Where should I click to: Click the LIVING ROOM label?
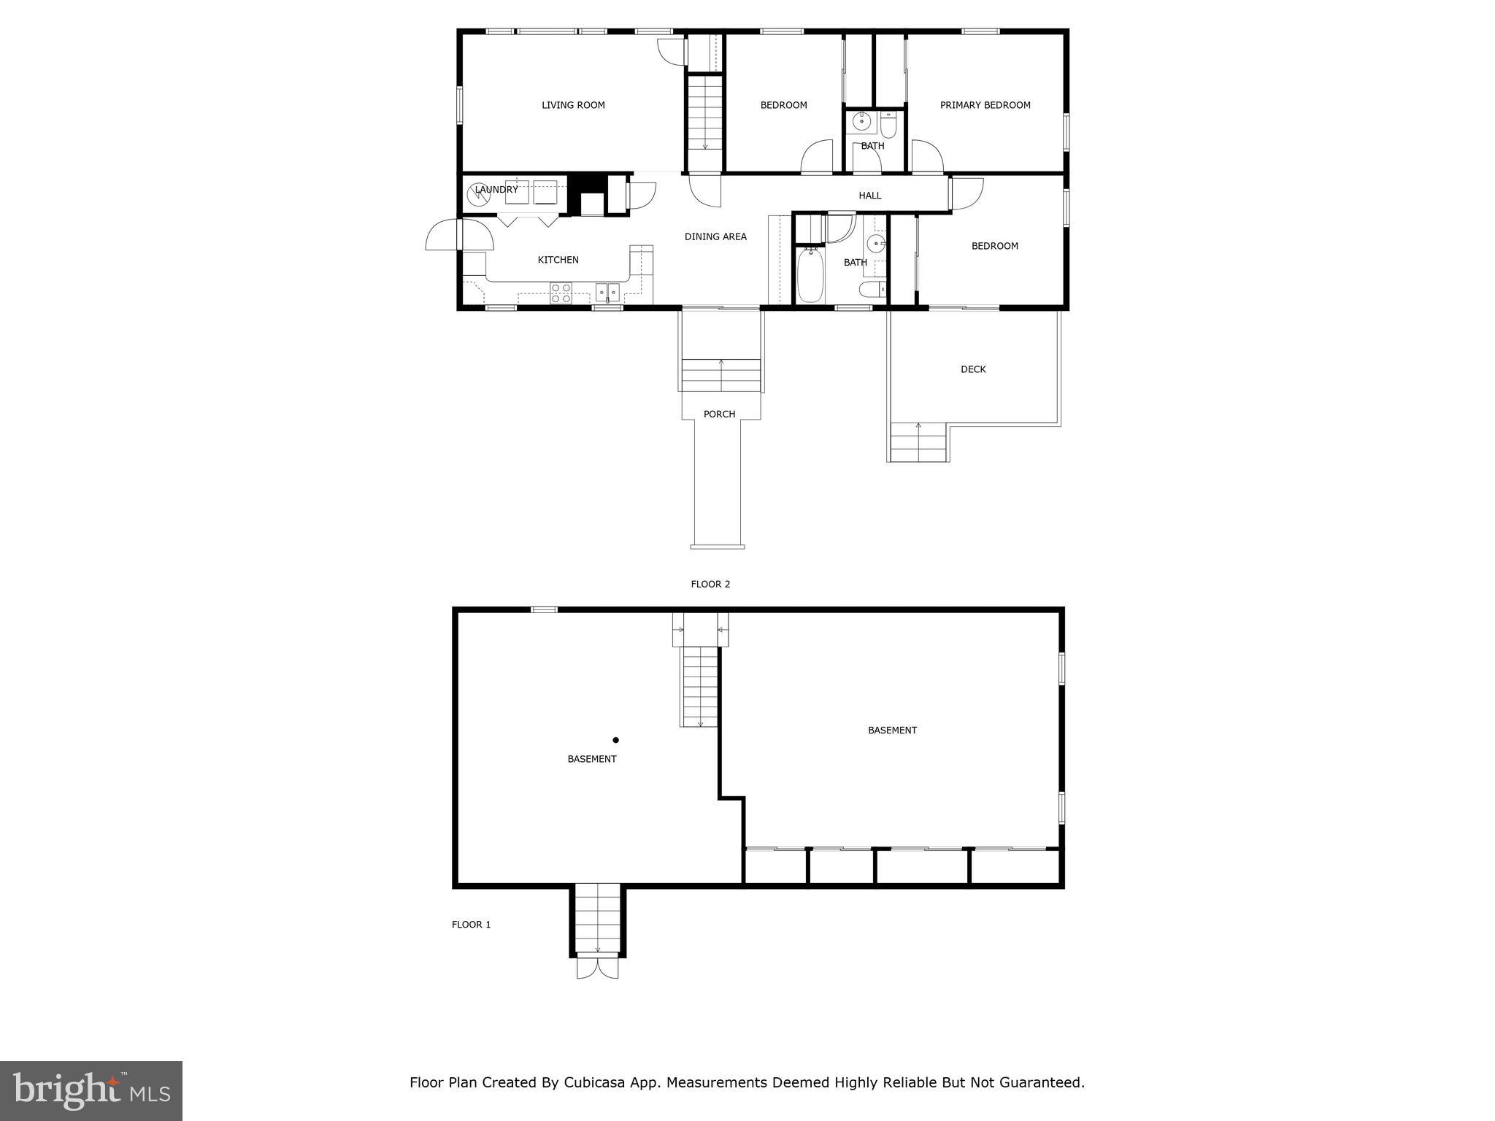[573, 105]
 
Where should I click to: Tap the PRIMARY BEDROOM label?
[985, 105]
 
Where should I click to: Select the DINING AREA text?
[715, 236]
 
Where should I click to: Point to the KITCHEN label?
[558, 260]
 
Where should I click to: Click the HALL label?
[869, 196]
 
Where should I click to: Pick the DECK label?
[973, 369]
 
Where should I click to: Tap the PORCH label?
[719, 414]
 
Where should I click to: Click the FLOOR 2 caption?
[710, 584]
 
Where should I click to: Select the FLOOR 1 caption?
[471, 925]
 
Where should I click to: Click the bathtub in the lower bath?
[810, 276]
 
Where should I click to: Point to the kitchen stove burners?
[561, 293]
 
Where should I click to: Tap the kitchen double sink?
[607, 293]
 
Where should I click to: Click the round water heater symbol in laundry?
[478, 193]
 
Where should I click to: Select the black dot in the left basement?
[615, 740]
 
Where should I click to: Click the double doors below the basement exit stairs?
[597, 968]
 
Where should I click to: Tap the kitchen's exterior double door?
[458, 235]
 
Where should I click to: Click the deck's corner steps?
[918, 443]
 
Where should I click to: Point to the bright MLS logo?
[91, 1090]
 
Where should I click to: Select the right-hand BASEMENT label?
[892, 730]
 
